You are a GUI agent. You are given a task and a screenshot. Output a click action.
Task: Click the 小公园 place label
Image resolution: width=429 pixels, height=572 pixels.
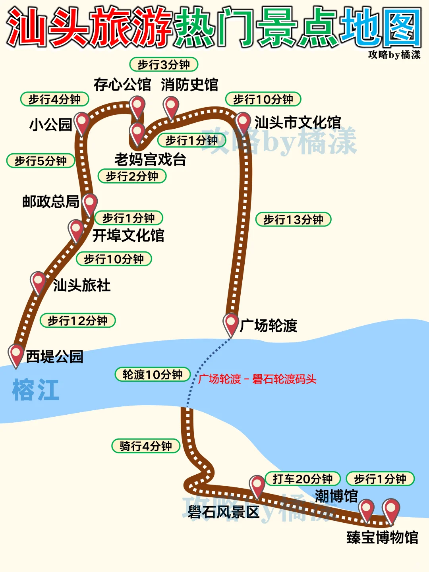(50, 125)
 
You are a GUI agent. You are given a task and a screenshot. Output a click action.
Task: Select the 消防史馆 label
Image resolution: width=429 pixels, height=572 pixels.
(189, 85)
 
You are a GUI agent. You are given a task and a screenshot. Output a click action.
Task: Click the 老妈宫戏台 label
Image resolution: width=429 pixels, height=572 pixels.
(150, 160)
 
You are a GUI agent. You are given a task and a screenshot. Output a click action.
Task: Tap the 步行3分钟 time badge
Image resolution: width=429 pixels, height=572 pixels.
(164, 64)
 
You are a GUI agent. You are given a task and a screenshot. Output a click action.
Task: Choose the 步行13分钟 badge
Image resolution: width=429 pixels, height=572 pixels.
(293, 219)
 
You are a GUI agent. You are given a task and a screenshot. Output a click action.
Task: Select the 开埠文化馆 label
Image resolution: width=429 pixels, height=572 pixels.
(128, 236)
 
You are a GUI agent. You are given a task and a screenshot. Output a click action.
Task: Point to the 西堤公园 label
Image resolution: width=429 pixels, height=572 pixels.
(54, 357)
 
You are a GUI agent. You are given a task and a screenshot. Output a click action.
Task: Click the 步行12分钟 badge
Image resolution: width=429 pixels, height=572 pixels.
(77, 321)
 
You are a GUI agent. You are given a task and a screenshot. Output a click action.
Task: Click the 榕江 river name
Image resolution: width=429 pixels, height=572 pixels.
(36, 390)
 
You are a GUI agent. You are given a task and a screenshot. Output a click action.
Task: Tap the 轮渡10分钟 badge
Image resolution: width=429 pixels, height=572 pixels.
(153, 375)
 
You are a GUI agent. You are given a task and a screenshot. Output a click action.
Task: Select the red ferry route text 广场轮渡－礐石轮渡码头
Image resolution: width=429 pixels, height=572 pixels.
(257, 379)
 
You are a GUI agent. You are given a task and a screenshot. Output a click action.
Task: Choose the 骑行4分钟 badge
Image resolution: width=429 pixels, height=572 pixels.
(146, 446)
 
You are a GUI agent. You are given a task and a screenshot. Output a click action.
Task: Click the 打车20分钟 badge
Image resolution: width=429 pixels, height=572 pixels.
(302, 479)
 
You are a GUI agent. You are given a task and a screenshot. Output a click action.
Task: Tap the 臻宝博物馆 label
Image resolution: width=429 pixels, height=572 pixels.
(382, 537)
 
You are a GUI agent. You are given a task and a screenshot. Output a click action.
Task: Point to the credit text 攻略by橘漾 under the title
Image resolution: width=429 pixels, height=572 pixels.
(394, 55)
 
